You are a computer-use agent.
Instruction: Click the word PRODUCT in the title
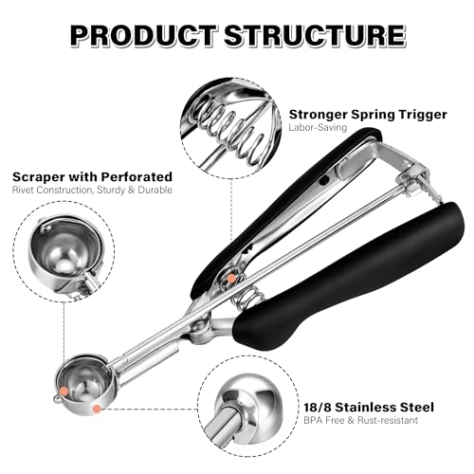tap(144, 36)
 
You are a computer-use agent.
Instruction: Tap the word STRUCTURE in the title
tap(315, 36)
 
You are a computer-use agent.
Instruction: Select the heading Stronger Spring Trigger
tap(368, 115)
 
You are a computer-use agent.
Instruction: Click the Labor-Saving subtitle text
tap(318, 127)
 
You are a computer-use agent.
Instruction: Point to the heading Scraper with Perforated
tap(92, 177)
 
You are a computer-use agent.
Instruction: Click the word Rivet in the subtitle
tap(23, 190)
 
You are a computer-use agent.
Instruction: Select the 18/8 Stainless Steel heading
tap(369, 407)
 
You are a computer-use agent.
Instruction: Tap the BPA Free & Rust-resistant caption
tap(360, 420)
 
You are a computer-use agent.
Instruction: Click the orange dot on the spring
tap(231, 279)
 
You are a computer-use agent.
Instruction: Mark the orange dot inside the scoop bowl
tap(64, 391)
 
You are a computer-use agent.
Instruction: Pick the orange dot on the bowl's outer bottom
tap(97, 409)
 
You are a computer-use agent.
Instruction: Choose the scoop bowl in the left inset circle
tap(66, 249)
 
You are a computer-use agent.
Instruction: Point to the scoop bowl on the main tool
tap(83, 383)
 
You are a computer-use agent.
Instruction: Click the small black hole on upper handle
tap(324, 181)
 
